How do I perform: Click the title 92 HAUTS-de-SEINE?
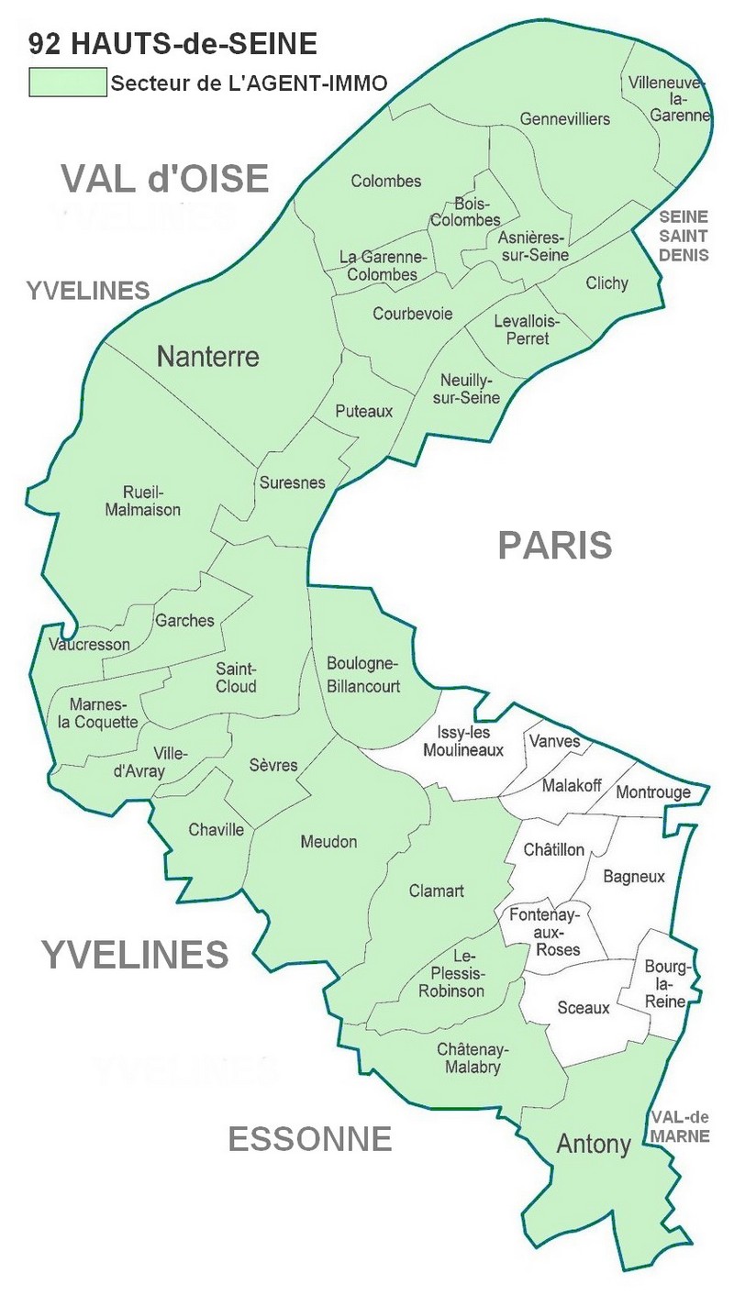point(173,42)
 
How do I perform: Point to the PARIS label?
point(554,545)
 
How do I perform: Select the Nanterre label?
point(208,356)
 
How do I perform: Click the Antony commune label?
point(594,1144)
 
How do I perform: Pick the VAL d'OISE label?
point(165,178)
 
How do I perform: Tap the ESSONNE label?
point(309,1139)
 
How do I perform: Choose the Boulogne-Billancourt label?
point(363,674)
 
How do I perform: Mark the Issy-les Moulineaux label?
point(462,741)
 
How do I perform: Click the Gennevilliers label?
point(564,119)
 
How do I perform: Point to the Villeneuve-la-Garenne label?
point(669,99)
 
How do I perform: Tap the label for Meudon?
point(328,842)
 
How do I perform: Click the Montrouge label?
point(652,792)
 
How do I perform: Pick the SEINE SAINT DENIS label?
point(684,236)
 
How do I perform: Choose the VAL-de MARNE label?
point(680,1126)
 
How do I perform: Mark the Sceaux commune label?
point(584,1008)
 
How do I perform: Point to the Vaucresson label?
point(89,644)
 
